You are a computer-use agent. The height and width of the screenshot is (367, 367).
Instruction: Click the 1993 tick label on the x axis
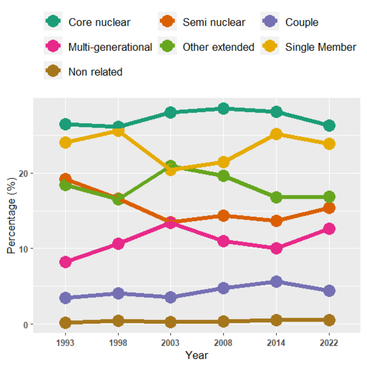(65, 342)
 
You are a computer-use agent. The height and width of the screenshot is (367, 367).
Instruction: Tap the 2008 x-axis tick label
(223, 342)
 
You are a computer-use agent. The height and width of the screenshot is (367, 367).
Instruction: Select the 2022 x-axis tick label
(329, 342)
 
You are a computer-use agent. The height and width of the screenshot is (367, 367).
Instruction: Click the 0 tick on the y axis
(26, 324)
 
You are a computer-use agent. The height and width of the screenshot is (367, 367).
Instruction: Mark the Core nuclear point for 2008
(223, 109)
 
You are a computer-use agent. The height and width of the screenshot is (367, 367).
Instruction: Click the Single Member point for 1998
(118, 131)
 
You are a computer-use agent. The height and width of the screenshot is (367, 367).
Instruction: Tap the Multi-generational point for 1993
(65, 262)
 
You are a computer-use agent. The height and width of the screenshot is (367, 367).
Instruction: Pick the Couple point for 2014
(276, 281)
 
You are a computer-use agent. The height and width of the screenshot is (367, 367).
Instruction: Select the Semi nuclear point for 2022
(329, 208)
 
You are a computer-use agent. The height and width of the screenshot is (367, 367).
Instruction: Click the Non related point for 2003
(170, 322)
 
